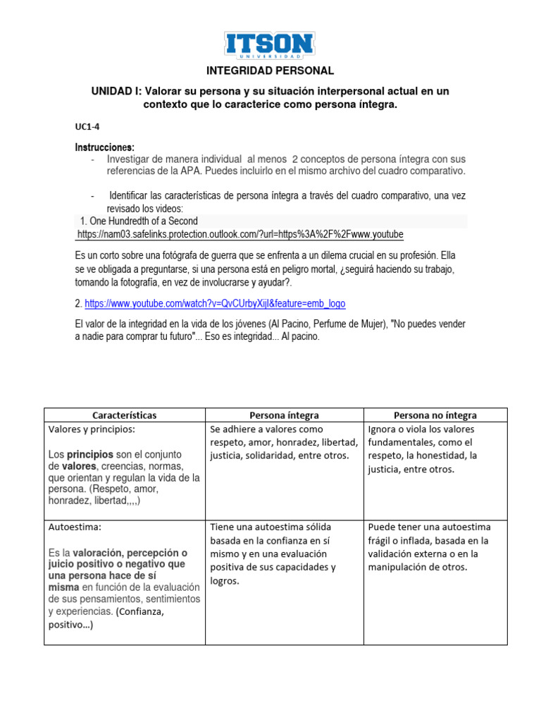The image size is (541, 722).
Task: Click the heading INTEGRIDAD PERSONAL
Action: [x=270, y=71]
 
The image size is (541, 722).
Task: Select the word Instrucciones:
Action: [x=104, y=147]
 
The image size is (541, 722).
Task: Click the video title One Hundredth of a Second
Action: [x=139, y=220]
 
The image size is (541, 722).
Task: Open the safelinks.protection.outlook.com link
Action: [x=240, y=234]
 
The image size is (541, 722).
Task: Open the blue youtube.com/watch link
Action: [x=215, y=303]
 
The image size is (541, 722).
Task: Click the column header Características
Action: [x=124, y=415]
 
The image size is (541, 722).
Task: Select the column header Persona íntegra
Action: [x=284, y=415]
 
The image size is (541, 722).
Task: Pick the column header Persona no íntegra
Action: [x=435, y=415]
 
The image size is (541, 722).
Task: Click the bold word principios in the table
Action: [x=89, y=454]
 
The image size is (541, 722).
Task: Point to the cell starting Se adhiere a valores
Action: [x=283, y=442]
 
